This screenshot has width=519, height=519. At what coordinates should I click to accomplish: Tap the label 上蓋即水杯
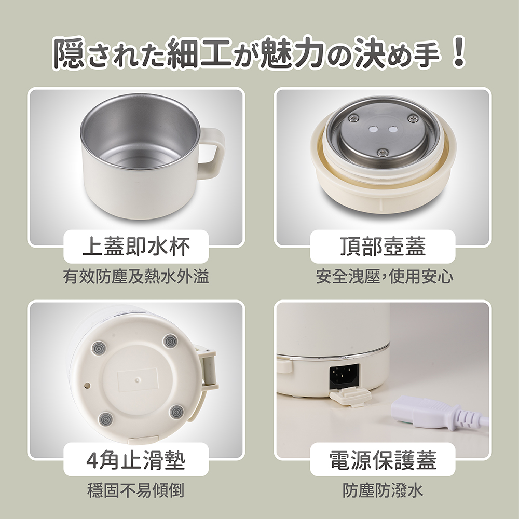coord(136,247)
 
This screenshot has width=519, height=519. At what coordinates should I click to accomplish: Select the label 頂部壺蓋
coord(383,247)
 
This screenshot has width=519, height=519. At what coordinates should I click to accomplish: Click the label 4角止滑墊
coord(135,460)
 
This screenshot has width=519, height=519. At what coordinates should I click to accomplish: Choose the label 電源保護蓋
coord(383,460)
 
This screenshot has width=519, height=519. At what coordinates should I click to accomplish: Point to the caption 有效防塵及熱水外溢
coord(136,277)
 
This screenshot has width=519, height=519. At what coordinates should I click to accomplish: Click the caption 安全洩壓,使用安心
coord(384,277)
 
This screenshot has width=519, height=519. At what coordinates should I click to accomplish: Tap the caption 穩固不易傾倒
coord(135,490)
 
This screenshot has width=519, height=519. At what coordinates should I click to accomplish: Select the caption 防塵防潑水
coord(383,490)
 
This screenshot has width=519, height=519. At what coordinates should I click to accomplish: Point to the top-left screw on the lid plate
coord(354,117)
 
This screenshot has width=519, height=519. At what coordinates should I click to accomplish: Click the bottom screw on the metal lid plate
coord(383,152)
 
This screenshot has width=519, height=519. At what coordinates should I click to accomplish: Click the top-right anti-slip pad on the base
coord(171,341)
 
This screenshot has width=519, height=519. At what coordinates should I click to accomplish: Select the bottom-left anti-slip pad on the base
coord(105,420)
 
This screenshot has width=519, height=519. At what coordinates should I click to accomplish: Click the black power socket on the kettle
coord(344,376)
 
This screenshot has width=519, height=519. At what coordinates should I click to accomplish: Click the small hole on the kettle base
coord(88,385)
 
